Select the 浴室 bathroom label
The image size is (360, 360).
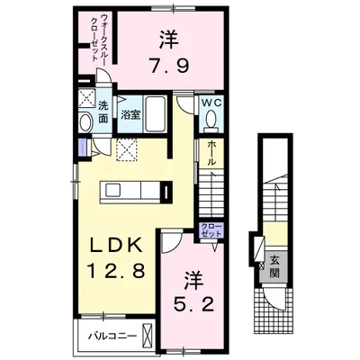click(130, 115)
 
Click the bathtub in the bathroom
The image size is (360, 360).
click(155, 114)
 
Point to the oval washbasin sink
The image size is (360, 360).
click(85, 122)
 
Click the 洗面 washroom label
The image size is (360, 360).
click(103, 112)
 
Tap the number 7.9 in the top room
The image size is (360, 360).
click(170, 66)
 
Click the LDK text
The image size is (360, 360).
click(116, 246)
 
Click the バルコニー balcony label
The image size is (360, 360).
click(112, 336)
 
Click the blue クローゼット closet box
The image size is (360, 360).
click(211, 230)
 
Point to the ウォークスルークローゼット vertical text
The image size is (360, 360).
click(101, 37)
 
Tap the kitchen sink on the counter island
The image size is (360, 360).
click(112, 191)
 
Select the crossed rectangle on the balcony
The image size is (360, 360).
click(147, 336)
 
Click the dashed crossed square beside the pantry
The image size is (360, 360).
click(127, 150)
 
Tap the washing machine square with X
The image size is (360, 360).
click(86, 97)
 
